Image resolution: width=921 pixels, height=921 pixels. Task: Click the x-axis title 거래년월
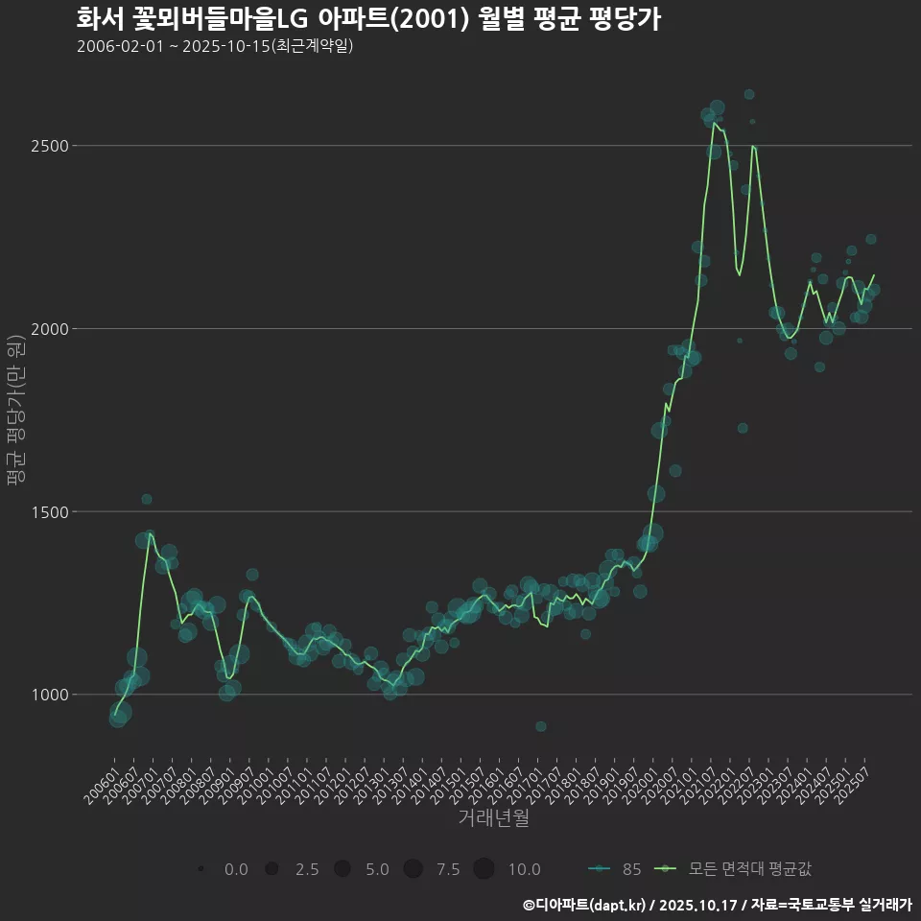(x=493, y=818)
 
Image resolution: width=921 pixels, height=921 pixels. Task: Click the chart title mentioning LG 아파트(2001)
(x=368, y=20)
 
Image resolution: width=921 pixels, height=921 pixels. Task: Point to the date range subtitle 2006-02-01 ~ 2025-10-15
(x=215, y=46)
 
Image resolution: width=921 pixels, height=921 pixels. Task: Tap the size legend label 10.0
(x=524, y=869)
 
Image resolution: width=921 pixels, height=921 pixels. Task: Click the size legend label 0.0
(x=236, y=869)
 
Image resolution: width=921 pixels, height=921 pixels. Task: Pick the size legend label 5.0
(x=377, y=869)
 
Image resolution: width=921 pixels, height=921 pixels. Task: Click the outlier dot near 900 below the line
(x=541, y=726)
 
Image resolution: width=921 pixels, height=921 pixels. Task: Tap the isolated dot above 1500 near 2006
(x=147, y=499)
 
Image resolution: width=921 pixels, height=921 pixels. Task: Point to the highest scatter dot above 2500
(x=749, y=94)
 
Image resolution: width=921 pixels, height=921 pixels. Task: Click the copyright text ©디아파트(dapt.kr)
(x=584, y=905)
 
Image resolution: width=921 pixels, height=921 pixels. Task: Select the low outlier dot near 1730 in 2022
(x=743, y=428)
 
